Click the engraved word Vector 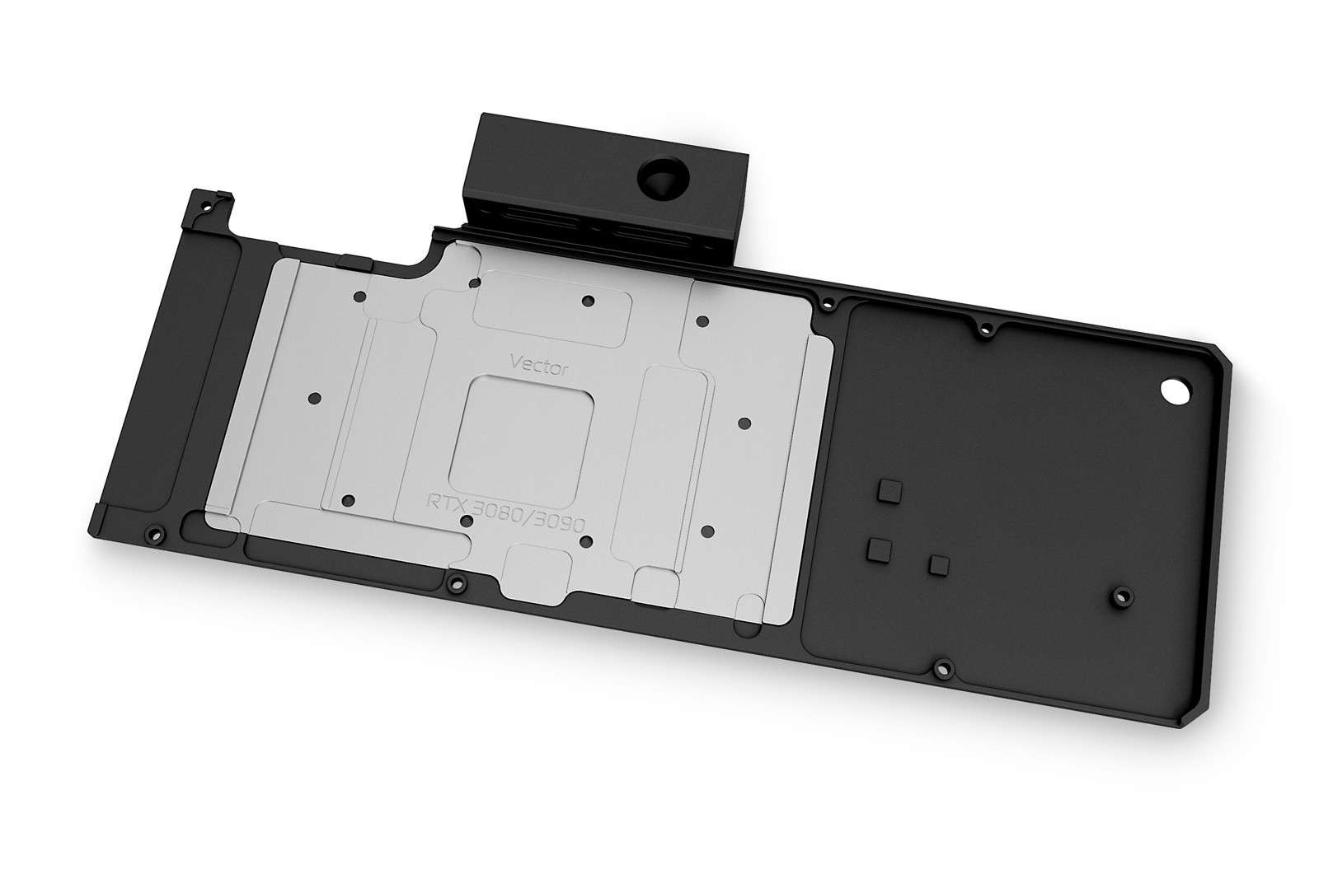[539, 367]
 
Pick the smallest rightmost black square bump [937, 564]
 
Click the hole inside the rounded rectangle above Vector [587, 301]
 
